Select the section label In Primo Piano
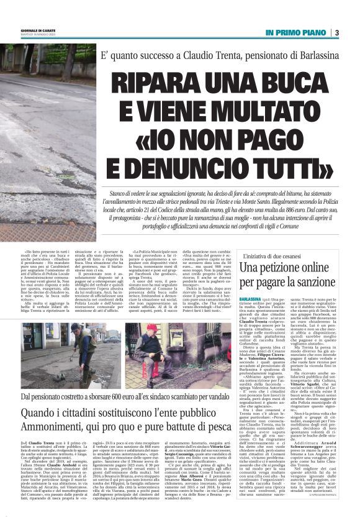click(x=295, y=32)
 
